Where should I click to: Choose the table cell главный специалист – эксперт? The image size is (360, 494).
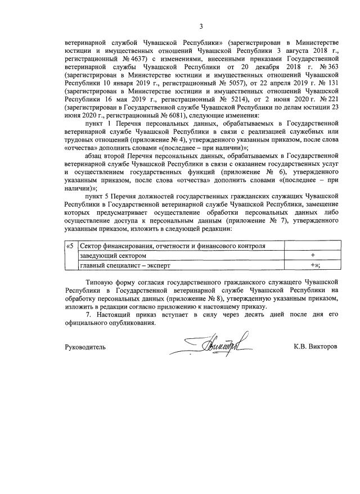tap(124, 265)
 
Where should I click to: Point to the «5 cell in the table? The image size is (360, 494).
tap(70, 246)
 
